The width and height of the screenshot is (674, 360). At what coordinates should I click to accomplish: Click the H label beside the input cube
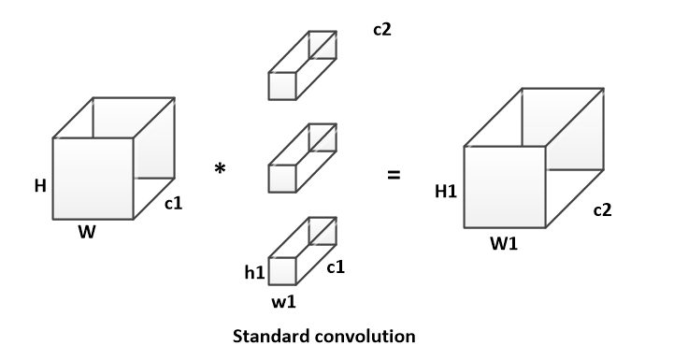40,186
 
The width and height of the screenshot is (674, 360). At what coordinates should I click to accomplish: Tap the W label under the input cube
87,232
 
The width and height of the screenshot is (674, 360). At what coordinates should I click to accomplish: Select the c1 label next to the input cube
174,203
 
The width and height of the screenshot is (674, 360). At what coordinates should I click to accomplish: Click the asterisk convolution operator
220,168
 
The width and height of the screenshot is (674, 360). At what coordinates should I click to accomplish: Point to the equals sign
394,175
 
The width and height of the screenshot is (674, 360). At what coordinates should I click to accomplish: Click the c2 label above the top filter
382,29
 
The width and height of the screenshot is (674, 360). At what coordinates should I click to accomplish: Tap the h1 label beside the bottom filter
254,272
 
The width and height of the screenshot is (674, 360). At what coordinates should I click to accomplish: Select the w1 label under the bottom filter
283,302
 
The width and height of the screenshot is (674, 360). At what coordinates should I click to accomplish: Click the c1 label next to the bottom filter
336,267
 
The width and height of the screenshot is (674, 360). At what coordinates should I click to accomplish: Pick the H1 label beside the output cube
446,192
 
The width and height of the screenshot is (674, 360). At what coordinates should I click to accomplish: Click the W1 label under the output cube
504,244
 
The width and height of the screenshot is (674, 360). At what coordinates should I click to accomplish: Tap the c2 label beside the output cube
602,209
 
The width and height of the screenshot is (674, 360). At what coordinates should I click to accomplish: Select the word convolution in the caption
364,336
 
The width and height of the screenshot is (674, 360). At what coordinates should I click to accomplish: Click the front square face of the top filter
282,86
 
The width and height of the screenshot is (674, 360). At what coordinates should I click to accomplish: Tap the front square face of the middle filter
282,179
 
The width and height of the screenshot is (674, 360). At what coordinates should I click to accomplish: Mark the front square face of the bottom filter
282,271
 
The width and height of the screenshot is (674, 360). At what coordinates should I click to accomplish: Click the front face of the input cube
93,179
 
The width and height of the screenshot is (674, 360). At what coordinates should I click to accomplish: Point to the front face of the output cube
505,187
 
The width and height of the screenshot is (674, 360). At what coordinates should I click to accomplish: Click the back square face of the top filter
323,45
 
